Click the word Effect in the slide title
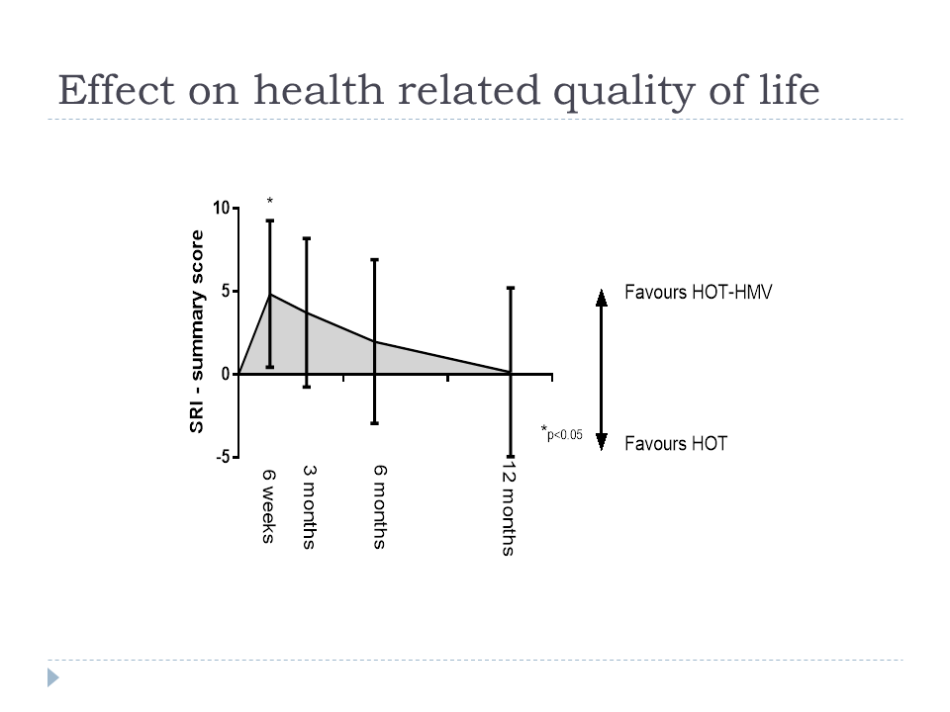(x=117, y=90)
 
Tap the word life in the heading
(x=789, y=89)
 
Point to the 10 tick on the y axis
(x=222, y=209)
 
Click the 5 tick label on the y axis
(x=226, y=291)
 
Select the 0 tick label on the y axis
(x=226, y=374)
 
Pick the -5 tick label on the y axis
(x=223, y=457)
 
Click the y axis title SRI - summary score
(x=197, y=332)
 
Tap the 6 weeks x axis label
(x=269, y=506)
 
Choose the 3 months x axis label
(x=309, y=507)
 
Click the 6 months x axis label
(x=379, y=507)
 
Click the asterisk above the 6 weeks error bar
(x=269, y=201)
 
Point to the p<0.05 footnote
(x=562, y=432)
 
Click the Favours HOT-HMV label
(x=699, y=292)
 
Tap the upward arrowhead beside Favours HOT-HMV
(x=601, y=298)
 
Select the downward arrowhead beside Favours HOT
(x=601, y=443)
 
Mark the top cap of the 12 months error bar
(x=511, y=288)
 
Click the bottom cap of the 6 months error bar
(x=374, y=423)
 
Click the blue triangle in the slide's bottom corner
(x=53, y=677)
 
